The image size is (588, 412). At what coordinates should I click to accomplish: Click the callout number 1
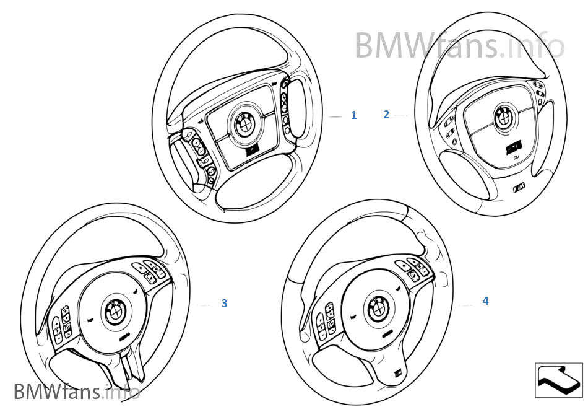(x=353, y=115)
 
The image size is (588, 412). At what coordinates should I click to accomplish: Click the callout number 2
(x=386, y=115)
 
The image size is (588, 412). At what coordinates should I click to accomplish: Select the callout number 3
(x=224, y=304)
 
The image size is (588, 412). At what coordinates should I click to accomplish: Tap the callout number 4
(x=485, y=301)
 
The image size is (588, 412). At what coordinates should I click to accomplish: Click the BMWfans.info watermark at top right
(x=459, y=45)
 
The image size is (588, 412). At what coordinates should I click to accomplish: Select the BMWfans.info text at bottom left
(x=76, y=392)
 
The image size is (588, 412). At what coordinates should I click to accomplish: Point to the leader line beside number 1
(x=335, y=116)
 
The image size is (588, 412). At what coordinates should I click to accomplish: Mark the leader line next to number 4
(x=467, y=305)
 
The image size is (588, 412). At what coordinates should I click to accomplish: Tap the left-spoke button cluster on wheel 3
(x=61, y=327)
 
